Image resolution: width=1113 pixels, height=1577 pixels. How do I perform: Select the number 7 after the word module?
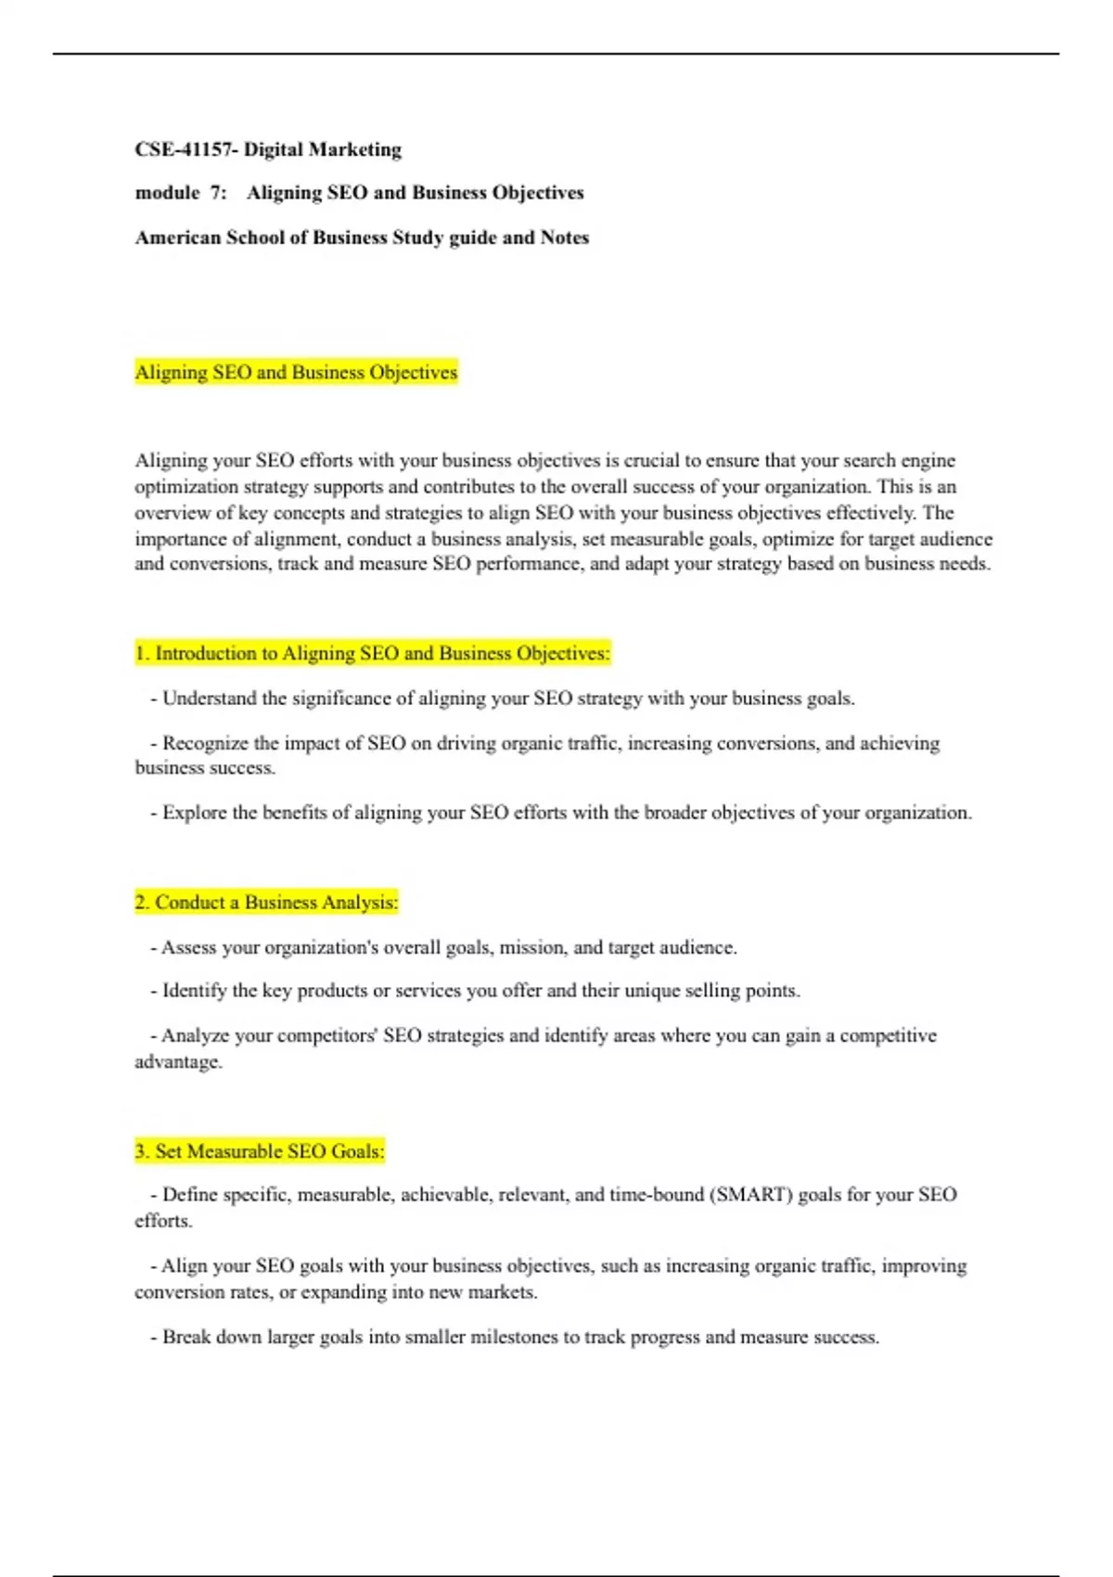(217, 193)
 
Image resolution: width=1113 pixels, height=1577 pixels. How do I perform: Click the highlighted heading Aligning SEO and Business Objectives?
(296, 372)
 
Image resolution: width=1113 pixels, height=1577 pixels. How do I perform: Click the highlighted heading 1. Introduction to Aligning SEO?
(372, 653)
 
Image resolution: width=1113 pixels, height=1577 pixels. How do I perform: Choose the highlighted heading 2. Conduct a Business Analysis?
(266, 902)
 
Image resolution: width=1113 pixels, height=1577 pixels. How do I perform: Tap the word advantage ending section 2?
(177, 1061)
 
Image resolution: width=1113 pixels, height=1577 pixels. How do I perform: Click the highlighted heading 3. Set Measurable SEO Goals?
(259, 1151)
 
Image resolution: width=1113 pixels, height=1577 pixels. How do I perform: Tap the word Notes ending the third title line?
(565, 237)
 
